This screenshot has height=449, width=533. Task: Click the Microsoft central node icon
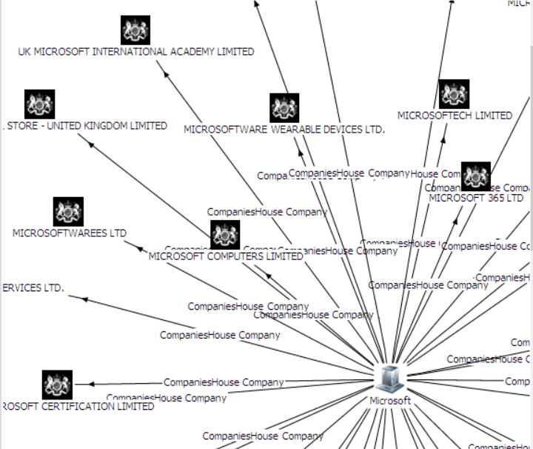click(x=390, y=378)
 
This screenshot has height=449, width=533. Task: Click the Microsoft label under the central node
click(x=390, y=400)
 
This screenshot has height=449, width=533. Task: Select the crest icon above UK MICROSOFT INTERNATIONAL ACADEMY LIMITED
click(x=135, y=30)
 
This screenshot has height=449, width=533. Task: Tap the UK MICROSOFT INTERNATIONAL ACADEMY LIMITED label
click(x=136, y=52)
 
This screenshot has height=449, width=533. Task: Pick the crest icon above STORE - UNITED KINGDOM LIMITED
click(x=40, y=104)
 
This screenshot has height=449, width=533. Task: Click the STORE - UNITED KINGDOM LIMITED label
click(x=86, y=126)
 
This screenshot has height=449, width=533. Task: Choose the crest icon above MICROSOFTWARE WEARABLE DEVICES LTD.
click(x=284, y=108)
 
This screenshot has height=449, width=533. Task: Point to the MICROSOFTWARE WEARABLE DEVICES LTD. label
click(x=284, y=129)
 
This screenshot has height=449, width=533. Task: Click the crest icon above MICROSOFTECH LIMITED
click(x=454, y=94)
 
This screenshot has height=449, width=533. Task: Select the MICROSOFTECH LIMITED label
click(x=455, y=116)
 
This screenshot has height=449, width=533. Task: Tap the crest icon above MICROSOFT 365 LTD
click(x=476, y=176)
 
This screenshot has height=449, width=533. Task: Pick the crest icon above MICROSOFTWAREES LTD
click(x=69, y=212)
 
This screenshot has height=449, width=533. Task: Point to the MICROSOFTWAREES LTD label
click(x=70, y=233)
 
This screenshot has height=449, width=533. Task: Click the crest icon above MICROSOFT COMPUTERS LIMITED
click(x=225, y=235)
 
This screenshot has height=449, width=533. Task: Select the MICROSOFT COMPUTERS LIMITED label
click(x=226, y=256)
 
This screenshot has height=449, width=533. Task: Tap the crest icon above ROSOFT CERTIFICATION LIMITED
click(x=57, y=385)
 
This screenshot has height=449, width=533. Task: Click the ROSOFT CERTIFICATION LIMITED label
click(x=78, y=406)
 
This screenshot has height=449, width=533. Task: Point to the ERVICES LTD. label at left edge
click(x=32, y=287)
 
